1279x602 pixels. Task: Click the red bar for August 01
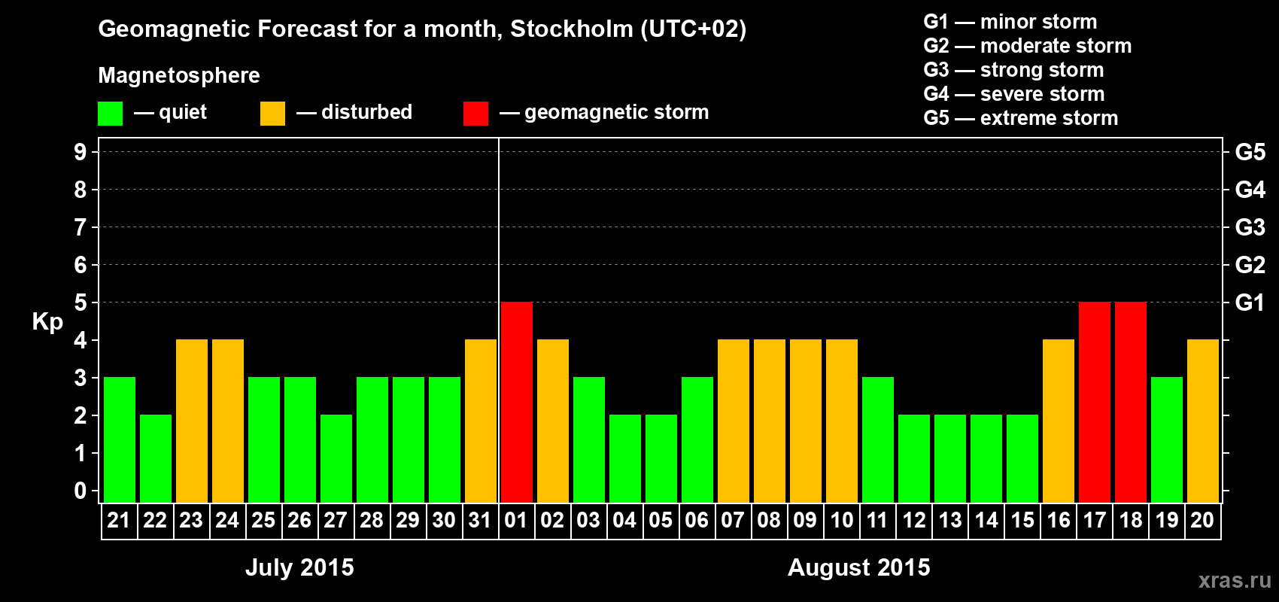517,402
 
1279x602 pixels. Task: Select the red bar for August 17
1095,402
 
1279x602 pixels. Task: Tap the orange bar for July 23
192,421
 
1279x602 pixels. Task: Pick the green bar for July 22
156,458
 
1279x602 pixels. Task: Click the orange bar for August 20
1203,421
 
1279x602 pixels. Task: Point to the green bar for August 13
950,458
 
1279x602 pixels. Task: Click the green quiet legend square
111,114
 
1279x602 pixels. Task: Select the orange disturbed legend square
272,114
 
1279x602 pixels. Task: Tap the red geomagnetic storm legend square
475,114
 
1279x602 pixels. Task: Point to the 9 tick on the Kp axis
81,152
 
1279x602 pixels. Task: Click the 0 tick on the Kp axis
81,491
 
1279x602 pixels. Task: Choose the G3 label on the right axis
1250,227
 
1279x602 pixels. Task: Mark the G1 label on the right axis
1250,303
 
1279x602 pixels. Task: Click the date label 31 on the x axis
480,520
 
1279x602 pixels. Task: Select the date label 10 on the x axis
841,520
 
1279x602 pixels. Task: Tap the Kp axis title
47,322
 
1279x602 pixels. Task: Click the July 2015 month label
299,567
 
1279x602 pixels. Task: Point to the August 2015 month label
858,567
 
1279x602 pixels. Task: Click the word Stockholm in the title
572,29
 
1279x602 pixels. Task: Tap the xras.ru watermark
1235,580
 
